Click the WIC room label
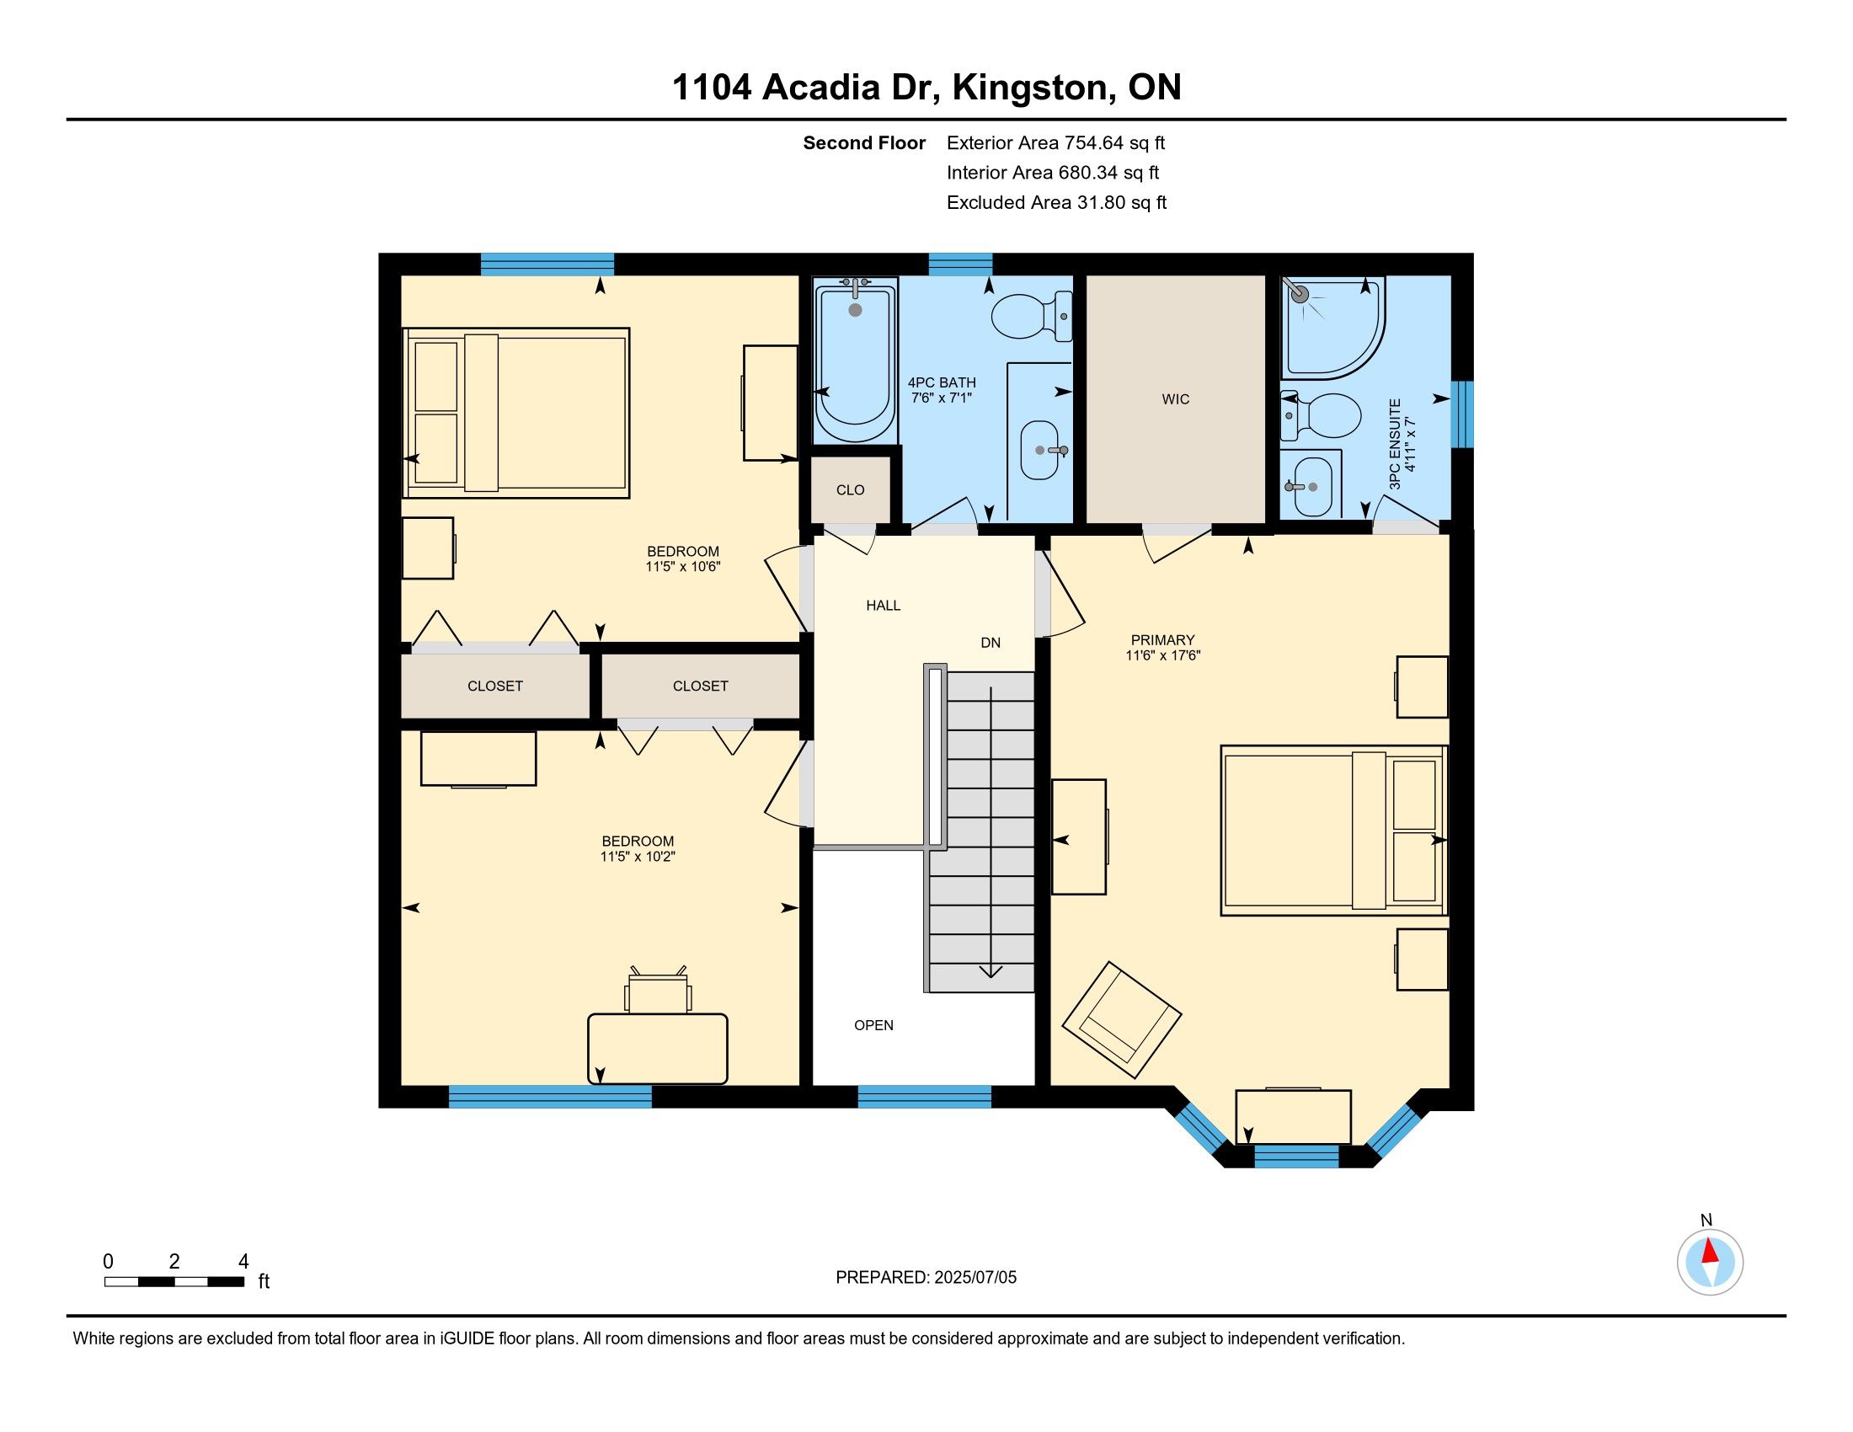tap(1175, 398)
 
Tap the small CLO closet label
tap(850, 489)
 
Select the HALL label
tap(884, 605)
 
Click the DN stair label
tap(991, 642)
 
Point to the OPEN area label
tap(874, 1025)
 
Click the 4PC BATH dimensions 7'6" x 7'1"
tap(942, 397)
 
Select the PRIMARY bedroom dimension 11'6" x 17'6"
tap(1162, 655)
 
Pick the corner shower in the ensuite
tap(1331, 328)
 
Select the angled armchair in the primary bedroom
tap(1122, 1020)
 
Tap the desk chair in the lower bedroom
tap(658, 990)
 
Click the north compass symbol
tap(1710, 1262)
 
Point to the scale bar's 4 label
tap(243, 1262)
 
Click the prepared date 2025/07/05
tap(975, 1278)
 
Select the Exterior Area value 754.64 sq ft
tap(1115, 142)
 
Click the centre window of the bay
tap(1296, 1157)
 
